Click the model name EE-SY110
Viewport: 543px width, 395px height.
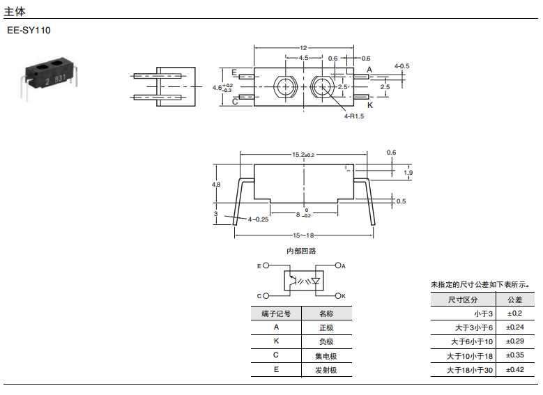(x=29, y=31)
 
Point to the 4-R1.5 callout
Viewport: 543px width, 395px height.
(x=354, y=116)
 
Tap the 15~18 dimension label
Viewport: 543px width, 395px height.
(x=304, y=235)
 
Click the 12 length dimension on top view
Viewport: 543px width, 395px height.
(x=303, y=47)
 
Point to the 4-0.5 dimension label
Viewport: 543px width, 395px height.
(x=401, y=66)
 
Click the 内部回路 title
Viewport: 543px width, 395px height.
(x=301, y=251)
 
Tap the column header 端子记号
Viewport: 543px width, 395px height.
(x=276, y=313)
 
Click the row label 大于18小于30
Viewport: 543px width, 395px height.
(x=470, y=371)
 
